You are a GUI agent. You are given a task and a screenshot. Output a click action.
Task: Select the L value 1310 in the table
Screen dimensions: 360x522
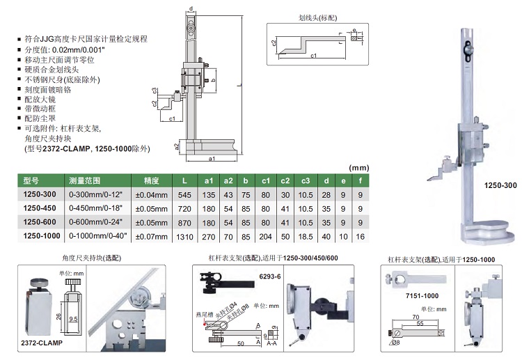coord(184,237)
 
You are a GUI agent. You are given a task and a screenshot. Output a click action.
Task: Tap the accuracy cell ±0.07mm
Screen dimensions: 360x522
coord(150,237)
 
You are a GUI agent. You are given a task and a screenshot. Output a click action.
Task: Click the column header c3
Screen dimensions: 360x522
coord(304,181)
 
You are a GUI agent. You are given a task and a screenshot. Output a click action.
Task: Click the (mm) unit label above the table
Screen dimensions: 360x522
coord(358,168)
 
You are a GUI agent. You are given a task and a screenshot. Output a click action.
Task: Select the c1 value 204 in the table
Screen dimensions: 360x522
coord(265,237)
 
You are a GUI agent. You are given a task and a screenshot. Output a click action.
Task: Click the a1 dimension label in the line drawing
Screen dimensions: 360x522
coord(210,159)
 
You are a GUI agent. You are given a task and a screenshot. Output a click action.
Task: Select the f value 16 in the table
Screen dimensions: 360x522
coord(360,237)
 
